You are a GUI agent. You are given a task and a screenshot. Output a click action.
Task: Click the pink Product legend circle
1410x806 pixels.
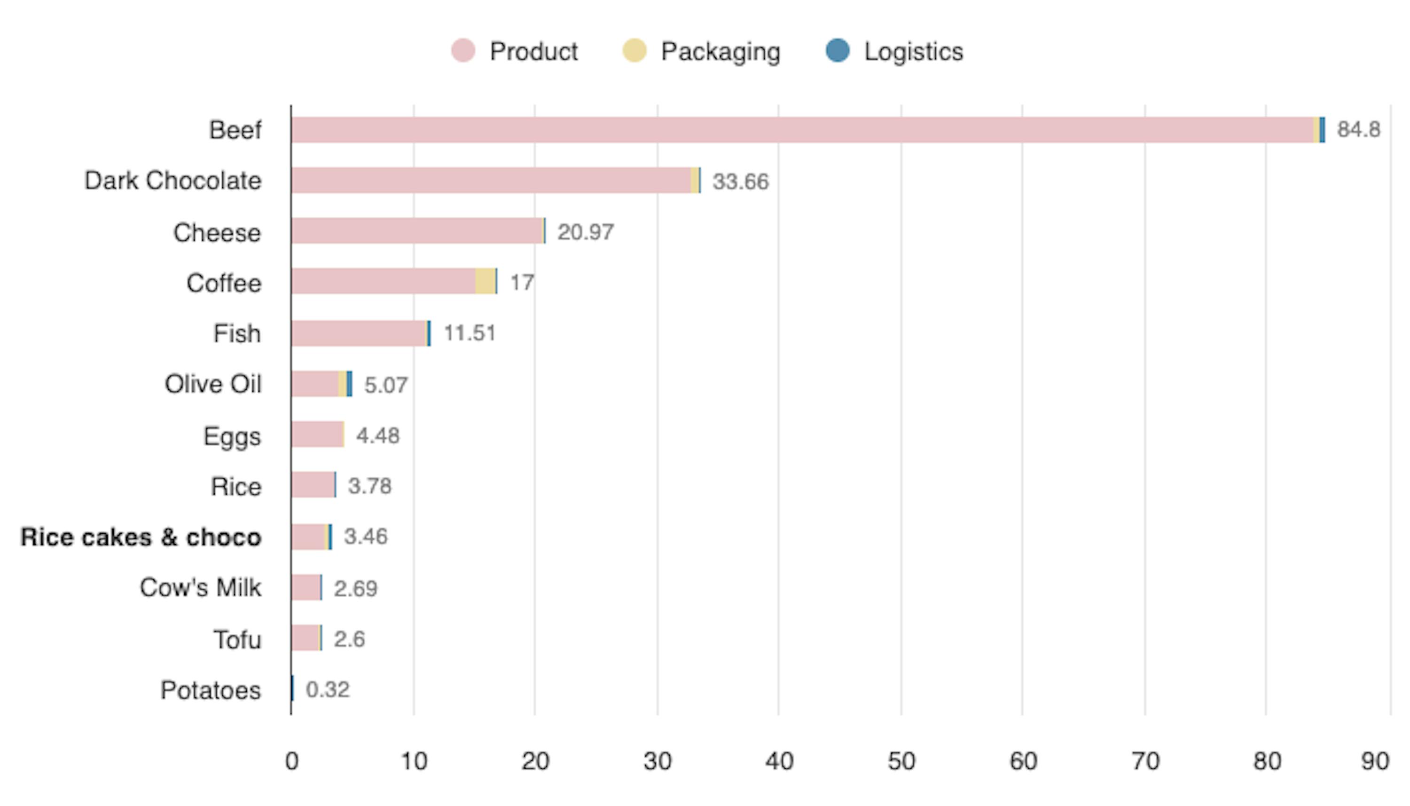pyautogui.click(x=462, y=51)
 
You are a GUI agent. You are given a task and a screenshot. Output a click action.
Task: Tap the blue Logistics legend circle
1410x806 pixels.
pyautogui.click(x=837, y=51)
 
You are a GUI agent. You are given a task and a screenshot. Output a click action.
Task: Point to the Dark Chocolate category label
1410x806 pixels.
pyautogui.click(x=172, y=181)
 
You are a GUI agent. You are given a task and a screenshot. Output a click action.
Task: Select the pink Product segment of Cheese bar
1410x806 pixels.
pyautogui.click(x=416, y=231)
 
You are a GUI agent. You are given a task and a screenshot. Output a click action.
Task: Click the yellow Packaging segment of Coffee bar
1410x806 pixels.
pyautogui.click(x=485, y=281)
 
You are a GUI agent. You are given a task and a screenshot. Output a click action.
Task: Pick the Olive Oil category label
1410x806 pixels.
pyautogui.click(x=212, y=384)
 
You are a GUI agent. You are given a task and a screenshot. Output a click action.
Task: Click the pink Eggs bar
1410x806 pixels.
pyautogui.click(x=317, y=435)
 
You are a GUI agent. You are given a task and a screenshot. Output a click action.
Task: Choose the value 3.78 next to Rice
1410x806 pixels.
pyautogui.click(x=369, y=486)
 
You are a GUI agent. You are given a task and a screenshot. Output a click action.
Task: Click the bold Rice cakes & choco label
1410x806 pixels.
pyautogui.click(x=141, y=537)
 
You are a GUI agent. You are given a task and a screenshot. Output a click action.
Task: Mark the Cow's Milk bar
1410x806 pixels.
pyautogui.click(x=305, y=587)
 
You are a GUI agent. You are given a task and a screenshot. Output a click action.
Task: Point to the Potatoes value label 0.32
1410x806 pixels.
pyautogui.click(x=328, y=690)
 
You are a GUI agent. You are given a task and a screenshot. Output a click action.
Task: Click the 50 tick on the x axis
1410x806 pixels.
pyautogui.click(x=901, y=762)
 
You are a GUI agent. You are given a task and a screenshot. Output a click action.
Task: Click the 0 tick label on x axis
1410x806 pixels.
pyautogui.click(x=291, y=762)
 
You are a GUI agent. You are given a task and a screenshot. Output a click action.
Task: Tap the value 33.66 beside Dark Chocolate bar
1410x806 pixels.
pyautogui.click(x=740, y=182)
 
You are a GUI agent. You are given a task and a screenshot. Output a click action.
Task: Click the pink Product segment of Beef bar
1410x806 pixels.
pyautogui.click(x=802, y=130)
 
